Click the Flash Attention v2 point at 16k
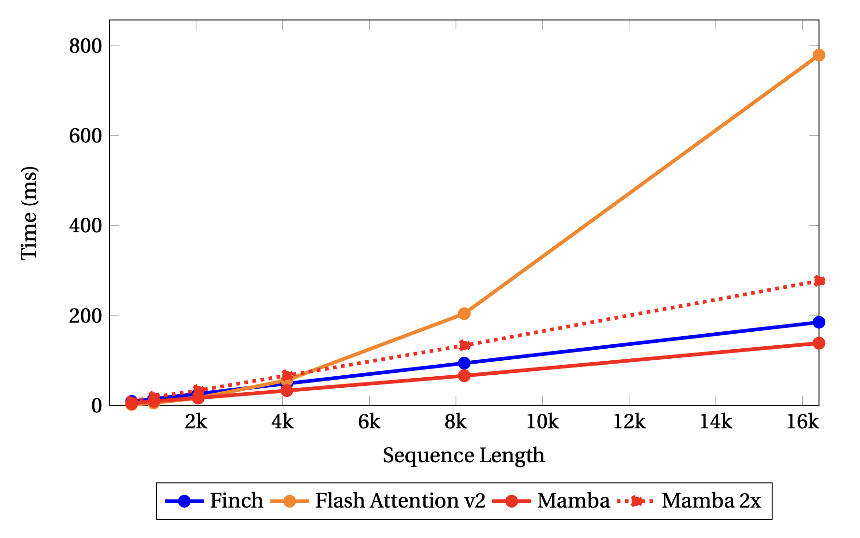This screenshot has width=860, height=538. [818, 55]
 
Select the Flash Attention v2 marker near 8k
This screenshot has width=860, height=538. [464, 313]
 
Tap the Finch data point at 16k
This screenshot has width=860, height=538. [818, 322]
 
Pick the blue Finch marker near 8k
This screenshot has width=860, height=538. [464, 363]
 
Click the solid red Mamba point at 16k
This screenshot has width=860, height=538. [818, 343]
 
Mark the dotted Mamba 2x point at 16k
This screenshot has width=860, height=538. [818, 281]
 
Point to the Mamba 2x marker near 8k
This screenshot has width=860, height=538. [464, 345]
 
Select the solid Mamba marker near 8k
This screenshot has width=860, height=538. [464, 375]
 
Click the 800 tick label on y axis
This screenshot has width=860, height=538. [85, 46]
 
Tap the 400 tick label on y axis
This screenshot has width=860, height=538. [85, 226]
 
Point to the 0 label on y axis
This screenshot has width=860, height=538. [97, 406]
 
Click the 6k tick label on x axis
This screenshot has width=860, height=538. [369, 423]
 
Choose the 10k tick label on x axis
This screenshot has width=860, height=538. [542, 423]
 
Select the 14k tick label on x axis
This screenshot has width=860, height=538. [715, 423]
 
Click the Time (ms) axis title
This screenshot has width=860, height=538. [29, 213]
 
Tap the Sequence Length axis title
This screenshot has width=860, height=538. [463, 455]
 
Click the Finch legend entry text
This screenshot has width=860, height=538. [236, 501]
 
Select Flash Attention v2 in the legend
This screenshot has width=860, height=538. [400, 501]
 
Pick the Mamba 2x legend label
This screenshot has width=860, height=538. [711, 501]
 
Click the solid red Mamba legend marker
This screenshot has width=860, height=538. [512, 501]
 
